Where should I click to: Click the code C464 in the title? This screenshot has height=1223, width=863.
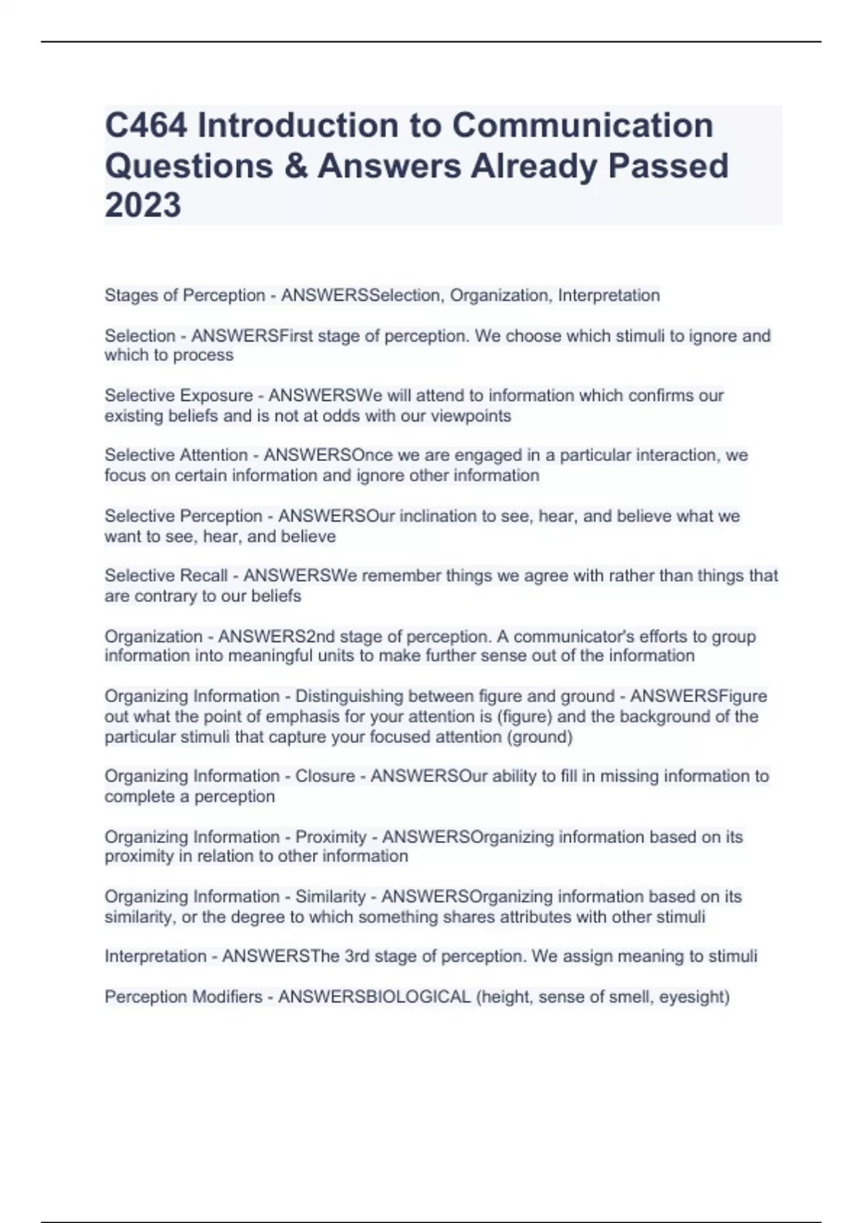(x=146, y=125)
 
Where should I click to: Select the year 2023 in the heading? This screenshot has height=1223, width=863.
(x=142, y=205)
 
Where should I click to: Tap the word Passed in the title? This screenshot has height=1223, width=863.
(x=668, y=165)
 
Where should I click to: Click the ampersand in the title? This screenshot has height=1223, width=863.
(x=296, y=165)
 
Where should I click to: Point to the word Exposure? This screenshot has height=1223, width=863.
(x=216, y=396)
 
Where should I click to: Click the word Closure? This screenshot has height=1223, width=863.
(x=325, y=776)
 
